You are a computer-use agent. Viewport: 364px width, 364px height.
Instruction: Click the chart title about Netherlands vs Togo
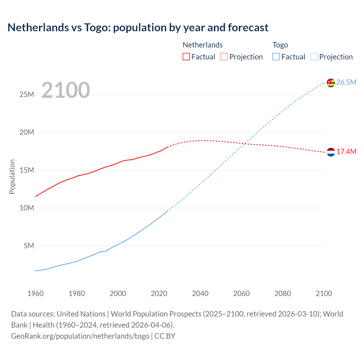pyautogui.click(x=138, y=28)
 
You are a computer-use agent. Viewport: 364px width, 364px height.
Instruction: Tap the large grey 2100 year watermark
pyautogui.click(x=66, y=90)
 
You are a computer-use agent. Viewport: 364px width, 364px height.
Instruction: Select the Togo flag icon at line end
pyautogui.click(x=331, y=82)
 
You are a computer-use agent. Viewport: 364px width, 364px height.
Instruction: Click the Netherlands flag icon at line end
pyautogui.click(x=331, y=152)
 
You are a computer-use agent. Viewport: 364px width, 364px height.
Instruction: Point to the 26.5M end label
pyautogui.click(x=346, y=82)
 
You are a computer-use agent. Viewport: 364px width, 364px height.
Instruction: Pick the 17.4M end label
pyautogui.click(x=346, y=152)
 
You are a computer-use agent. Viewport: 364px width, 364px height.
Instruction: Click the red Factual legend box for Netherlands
pyautogui.click(x=186, y=57)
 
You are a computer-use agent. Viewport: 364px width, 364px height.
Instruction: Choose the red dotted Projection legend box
pyautogui.click(x=224, y=57)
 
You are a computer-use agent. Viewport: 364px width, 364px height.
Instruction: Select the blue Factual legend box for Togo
pyautogui.click(x=276, y=57)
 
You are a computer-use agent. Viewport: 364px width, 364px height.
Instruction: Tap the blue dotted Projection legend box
pyautogui.click(x=314, y=57)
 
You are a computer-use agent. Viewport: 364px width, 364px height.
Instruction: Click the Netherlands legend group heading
pyautogui.click(x=202, y=45)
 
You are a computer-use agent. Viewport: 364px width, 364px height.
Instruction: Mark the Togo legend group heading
pyautogui.click(x=280, y=45)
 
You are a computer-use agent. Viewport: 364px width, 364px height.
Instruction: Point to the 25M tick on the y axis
pyautogui.click(x=27, y=94)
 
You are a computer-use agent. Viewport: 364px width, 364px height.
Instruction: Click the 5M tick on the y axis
pyautogui.click(x=29, y=246)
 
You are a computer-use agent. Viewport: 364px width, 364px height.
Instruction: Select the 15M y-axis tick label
pyautogui.click(x=27, y=170)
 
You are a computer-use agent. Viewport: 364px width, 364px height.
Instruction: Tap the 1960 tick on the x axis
pyautogui.click(x=36, y=293)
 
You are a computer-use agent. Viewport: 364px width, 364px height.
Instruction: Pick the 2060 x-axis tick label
pyautogui.click(x=241, y=293)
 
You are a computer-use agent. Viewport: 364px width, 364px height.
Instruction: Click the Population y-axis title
pyautogui.click(x=12, y=177)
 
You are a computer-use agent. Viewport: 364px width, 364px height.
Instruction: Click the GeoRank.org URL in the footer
pyautogui.click(x=80, y=336)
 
